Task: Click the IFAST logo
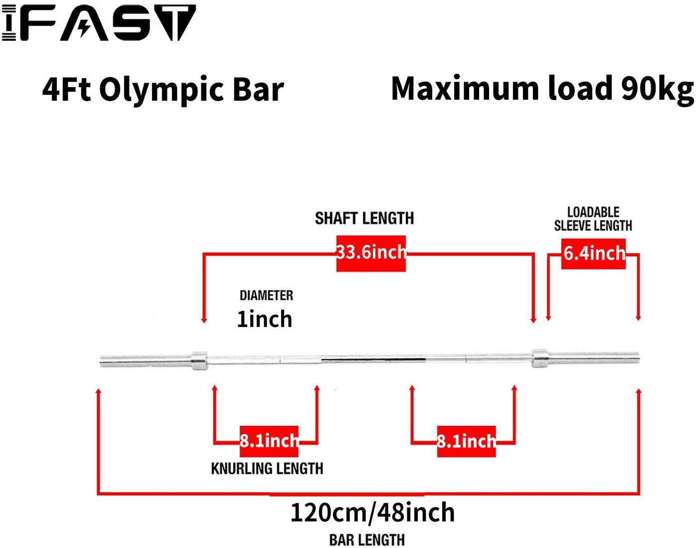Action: [x=99, y=23]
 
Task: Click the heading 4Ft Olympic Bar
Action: [x=163, y=90]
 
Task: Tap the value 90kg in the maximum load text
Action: [x=657, y=89]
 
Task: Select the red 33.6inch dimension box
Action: [x=371, y=253]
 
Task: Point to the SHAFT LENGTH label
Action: [x=364, y=218]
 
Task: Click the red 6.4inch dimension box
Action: [x=593, y=254]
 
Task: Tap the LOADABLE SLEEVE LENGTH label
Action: [x=593, y=219]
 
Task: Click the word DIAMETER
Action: [x=266, y=295]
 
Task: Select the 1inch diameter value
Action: [x=264, y=319]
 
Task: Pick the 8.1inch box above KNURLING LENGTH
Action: [x=269, y=441]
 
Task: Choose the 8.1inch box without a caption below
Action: [x=466, y=441]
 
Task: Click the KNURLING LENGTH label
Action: [x=267, y=469]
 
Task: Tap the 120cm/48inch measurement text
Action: [x=372, y=513]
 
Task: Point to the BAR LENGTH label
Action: [x=367, y=540]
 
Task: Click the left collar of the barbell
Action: [x=199, y=360]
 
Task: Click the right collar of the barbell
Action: [x=539, y=358]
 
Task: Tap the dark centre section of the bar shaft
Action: [x=373, y=359]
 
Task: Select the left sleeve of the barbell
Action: [x=145, y=361]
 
